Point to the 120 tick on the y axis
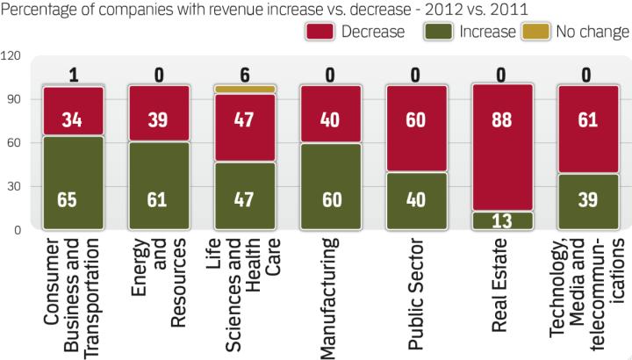point(12,56)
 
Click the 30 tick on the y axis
point(12,187)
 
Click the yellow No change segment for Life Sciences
point(245,90)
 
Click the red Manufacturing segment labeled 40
point(331,114)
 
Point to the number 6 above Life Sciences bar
point(245,75)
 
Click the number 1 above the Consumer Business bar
point(74,75)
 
